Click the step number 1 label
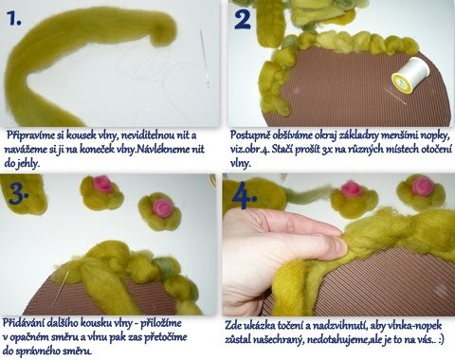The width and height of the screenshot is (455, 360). [14, 19]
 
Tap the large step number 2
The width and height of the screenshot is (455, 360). [243, 18]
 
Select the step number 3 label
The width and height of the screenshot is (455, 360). [18, 193]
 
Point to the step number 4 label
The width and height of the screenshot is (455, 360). [245, 196]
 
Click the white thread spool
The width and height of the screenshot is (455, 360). [411, 75]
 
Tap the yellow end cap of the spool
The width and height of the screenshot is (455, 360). [402, 83]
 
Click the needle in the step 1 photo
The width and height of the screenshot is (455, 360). [205, 59]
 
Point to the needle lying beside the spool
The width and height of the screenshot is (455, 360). [395, 96]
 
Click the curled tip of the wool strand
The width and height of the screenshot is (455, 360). [164, 33]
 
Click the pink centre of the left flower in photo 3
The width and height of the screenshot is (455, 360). [102, 184]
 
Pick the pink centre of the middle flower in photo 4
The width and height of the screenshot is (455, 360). [351, 189]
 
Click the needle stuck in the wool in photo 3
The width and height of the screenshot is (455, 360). [61, 286]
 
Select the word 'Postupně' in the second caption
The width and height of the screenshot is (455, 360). [247, 135]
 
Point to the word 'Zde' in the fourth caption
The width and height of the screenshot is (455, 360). [232, 325]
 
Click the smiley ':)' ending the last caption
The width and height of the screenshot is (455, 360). [441, 340]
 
